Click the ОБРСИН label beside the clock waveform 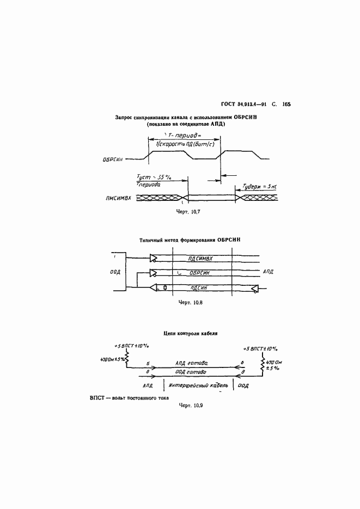[113, 160]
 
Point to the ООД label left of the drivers [115, 273]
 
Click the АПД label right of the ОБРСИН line [269, 271]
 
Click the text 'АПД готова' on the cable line [191, 363]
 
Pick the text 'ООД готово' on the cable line [191, 372]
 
